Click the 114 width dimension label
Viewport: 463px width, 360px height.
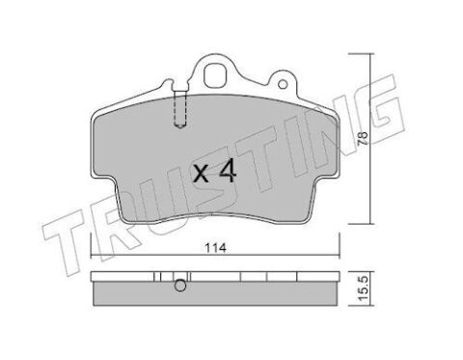pos(216,248)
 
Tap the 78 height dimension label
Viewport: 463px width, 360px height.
pos(363,138)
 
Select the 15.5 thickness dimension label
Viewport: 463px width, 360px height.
pos(364,290)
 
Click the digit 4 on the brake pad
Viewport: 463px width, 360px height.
pos(228,172)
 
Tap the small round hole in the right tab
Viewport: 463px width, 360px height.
pos(283,84)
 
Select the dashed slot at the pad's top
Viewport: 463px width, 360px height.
pos(180,109)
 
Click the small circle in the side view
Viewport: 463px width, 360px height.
pos(180,286)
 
